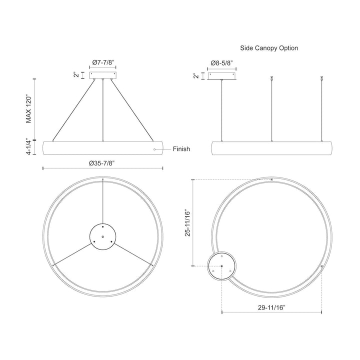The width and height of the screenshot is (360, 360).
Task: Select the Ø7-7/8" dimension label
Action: pyautogui.click(x=103, y=62)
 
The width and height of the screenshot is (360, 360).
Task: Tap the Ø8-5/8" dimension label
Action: pyautogui.click(x=221, y=63)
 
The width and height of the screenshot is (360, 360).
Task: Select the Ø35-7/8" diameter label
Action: pyautogui.click(x=103, y=163)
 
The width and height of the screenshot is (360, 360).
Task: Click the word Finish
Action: pyautogui.click(x=181, y=149)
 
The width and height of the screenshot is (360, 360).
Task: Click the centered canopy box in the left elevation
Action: pyautogui.click(x=103, y=75)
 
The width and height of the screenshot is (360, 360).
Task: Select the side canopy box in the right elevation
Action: pyautogui.click(x=222, y=75)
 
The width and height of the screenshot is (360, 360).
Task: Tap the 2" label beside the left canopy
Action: pyautogui.click(x=76, y=75)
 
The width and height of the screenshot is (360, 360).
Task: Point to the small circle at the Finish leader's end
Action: pyautogui.click(x=154, y=149)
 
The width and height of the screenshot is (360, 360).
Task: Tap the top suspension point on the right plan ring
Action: pyautogui.click(x=271, y=179)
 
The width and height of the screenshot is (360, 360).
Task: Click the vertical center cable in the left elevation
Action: pyautogui.click(x=103, y=110)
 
